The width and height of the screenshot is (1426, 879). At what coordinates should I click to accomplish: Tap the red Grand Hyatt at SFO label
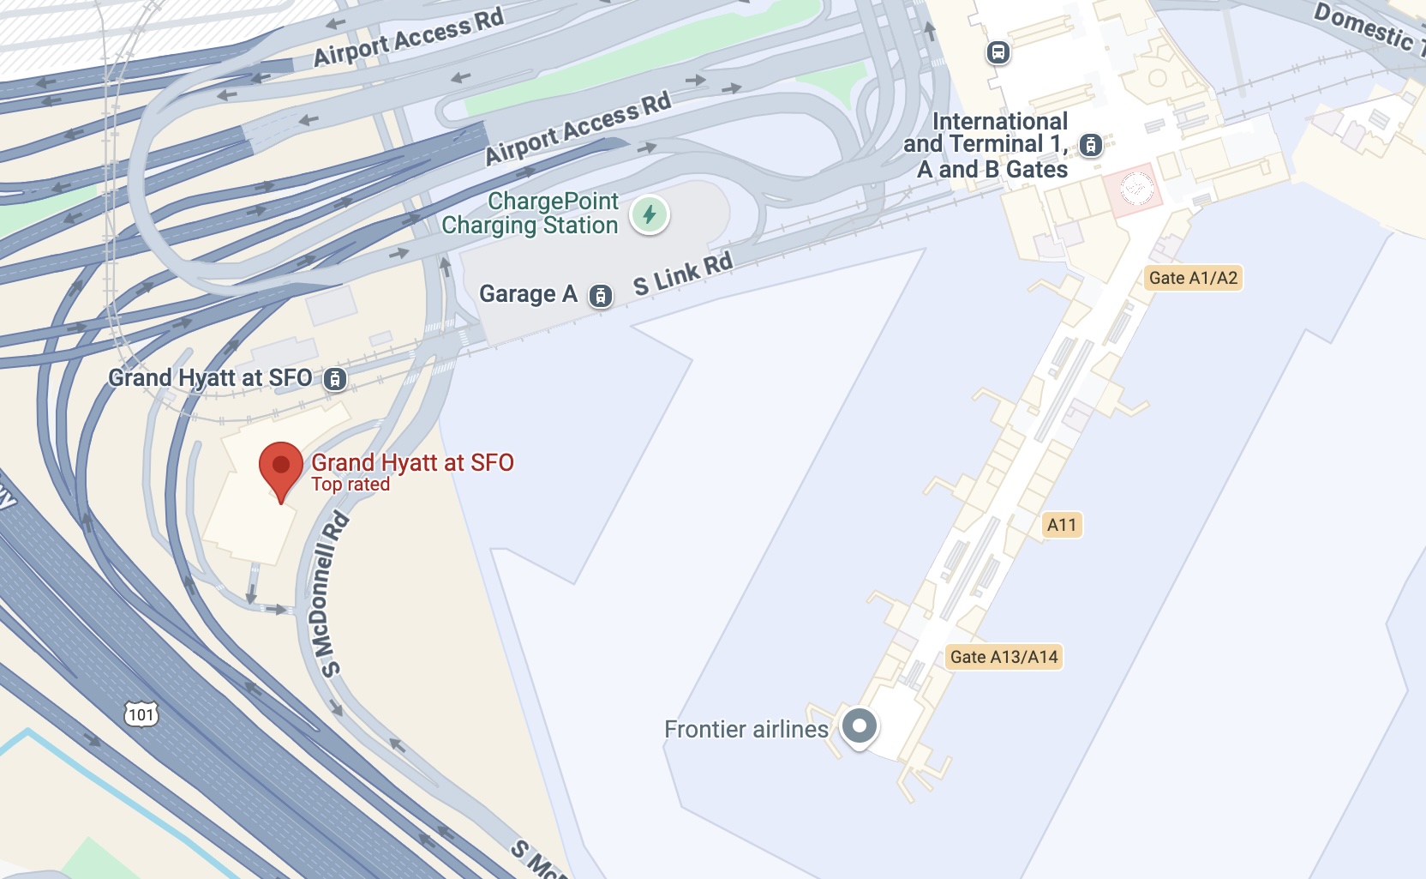point(412,463)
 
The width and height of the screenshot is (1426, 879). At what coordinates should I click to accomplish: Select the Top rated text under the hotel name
point(351,485)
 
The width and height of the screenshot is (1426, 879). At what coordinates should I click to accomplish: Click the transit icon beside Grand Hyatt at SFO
point(335,378)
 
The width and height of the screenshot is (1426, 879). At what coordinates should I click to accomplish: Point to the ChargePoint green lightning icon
point(650,214)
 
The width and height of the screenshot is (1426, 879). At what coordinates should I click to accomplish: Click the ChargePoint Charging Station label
point(530,214)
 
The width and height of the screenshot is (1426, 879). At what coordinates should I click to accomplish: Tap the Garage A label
point(528,294)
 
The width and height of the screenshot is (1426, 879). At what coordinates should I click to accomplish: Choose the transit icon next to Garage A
point(601,296)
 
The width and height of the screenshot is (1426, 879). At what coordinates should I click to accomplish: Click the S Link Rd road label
point(683,274)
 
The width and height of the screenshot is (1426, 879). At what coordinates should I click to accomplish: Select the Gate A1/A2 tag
point(1193,278)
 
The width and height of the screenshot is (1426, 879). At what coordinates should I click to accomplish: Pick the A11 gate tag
point(1062,525)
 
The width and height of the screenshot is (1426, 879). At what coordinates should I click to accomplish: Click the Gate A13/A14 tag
point(1004,657)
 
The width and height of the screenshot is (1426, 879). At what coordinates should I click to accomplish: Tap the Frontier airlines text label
point(746,729)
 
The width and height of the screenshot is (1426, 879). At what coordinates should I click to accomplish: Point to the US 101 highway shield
point(141,714)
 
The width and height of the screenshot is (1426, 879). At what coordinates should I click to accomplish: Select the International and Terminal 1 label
point(987,145)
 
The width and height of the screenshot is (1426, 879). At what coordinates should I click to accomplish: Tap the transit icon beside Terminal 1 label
point(1091,145)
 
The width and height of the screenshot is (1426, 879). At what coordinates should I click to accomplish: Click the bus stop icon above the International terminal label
point(998,52)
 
